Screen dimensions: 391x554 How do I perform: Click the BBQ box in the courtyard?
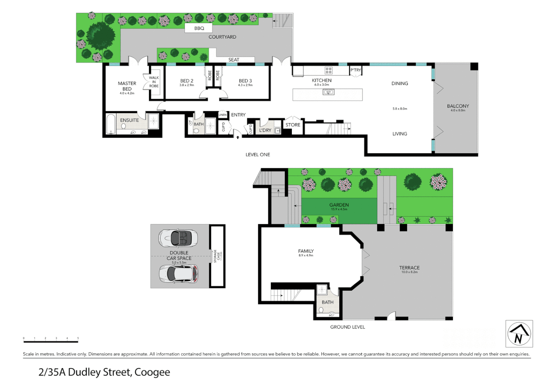pos(199,28)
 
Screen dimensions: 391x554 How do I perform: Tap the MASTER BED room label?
pos(127,86)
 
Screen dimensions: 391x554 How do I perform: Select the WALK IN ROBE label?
pos(154,82)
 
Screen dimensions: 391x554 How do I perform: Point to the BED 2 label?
pos(187,81)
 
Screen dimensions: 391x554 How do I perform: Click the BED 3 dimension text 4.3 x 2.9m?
pos(245,85)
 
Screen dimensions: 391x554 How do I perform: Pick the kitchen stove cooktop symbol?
pos(328,70)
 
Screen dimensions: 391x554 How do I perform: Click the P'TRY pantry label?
pos(355,70)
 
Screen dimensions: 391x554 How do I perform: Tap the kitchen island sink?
pos(328,92)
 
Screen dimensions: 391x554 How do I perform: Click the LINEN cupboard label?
pos(223,115)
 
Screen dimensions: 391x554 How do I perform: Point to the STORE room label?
pos(293,125)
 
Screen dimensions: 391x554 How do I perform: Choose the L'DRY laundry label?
pos(265,130)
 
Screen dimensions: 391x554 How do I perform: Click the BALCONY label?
pos(458,106)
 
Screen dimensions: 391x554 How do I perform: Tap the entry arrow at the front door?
pos(238,137)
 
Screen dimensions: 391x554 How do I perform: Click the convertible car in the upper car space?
pos(178,238)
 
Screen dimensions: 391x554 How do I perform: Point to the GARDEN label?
pos(339,205)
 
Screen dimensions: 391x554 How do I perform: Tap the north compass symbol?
pos(519,334)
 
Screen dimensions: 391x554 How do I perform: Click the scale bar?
pos(51,341)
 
